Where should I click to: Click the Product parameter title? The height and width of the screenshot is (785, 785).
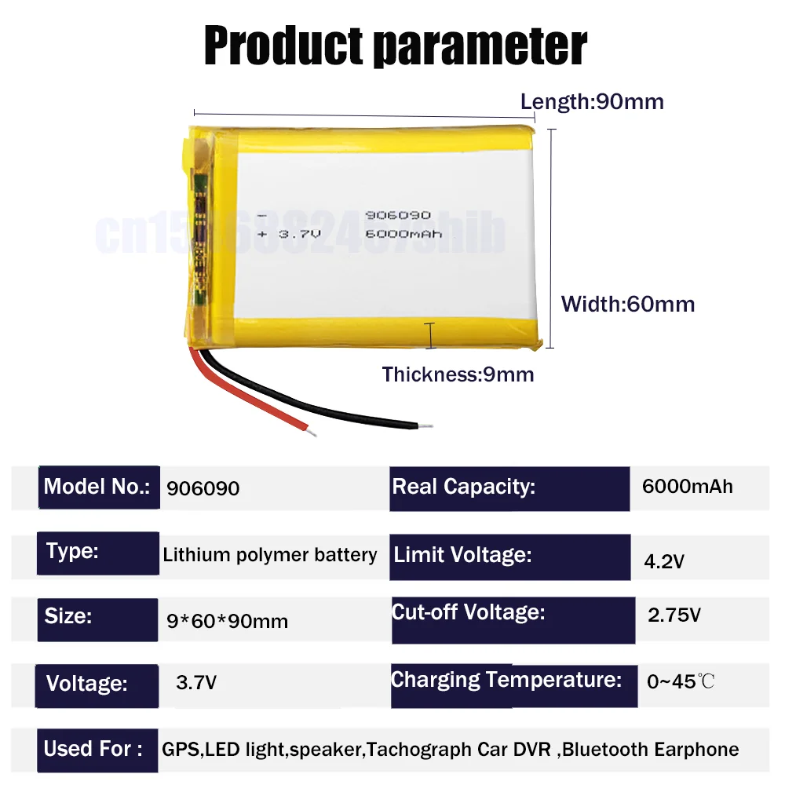click(x=395, y=45)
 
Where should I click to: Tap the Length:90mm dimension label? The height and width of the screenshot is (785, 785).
click(x=592, y=102)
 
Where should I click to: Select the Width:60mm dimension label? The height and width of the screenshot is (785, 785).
click(x=627, y=304)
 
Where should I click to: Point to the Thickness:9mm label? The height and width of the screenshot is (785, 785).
click(x=458, y=374)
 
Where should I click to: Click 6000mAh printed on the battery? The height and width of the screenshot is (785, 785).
click(x=403, y=233)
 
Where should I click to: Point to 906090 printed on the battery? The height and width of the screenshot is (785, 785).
click(x=398, y=215)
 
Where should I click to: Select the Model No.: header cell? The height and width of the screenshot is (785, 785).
click(x=97, y=487)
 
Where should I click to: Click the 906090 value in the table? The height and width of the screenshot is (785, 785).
click(x=203, y=488)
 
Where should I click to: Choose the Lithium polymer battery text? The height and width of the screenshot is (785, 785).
click(x=269, y=555)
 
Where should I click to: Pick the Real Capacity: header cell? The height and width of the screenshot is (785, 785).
click(x=463, y=487)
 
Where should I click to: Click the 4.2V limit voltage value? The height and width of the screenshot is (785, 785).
click(x=664, y=561)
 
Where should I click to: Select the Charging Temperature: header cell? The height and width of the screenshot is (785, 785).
click(x=506, y=680)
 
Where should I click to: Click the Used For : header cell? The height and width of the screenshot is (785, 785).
click(x=93, y=749)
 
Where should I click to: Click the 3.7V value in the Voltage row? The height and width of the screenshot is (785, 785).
click(x=196, y=683)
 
